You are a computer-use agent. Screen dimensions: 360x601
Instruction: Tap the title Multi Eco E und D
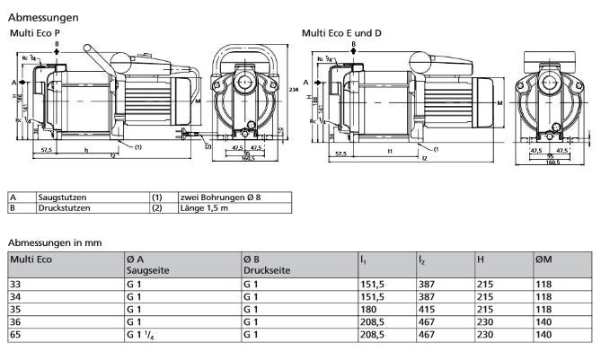pos(341,33)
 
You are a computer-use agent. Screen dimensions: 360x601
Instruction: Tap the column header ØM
pos(544,259)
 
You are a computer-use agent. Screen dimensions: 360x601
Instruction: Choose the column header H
pos(482,259)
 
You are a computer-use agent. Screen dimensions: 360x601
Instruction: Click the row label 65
pos(15,336)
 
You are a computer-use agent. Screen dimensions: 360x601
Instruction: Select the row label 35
pos(15,306)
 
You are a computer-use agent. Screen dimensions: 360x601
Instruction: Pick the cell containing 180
pos(368,306)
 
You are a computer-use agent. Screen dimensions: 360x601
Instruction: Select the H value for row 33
pos(484,282)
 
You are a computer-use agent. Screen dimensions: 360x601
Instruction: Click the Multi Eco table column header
pos(31,259)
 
